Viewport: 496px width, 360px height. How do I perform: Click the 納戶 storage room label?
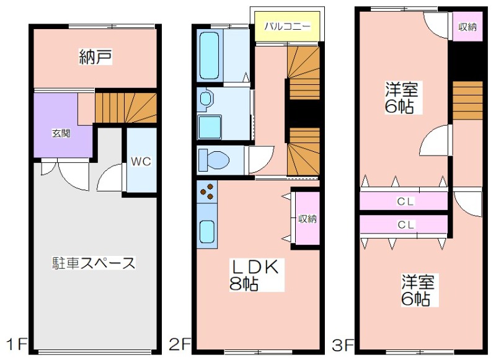pyautogui.click(x=95, y=57)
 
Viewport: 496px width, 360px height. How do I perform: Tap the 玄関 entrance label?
pyautogui.click(x=61, y=133)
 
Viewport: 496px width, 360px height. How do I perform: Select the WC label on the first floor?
pyautogui.click(x=141, y=162)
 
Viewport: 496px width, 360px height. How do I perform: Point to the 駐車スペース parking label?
pyautogui.click(x=94, y=263)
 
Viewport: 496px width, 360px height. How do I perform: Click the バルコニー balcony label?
pyautogui.click(x=287, y=26)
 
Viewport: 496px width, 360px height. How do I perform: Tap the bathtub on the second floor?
pyautogui.click(x=209, y=56)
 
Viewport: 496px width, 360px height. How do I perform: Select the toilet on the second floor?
pyautogui.click(x=214, y=160)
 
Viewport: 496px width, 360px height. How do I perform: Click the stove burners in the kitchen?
pyautogui.click(x=206, y=191)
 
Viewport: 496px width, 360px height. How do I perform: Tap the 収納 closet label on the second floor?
pyautogui.click(x=308, y=218)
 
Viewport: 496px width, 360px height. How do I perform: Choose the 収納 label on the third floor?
pyautogui.click(x=467, y=27)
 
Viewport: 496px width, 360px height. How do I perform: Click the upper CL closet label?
pyautogui.click(x=405, y=201)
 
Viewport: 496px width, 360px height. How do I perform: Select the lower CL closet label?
pyautogui.click(x=405, y=225)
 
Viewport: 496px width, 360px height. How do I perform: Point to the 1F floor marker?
pyautogui.click(x=17, y=344)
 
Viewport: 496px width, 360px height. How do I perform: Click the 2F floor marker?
pyautogui.click(x=180, y=344)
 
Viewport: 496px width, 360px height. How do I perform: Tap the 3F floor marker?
pyautogui.click(x=343, y=345)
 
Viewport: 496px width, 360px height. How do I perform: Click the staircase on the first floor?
pyautogui.click(x=126, y=107)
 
